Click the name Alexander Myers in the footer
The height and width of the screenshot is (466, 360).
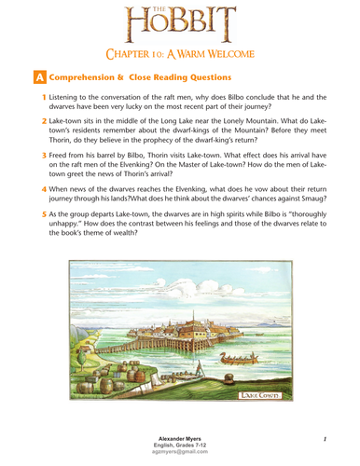pyautogui.click(x=180, y=436)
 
